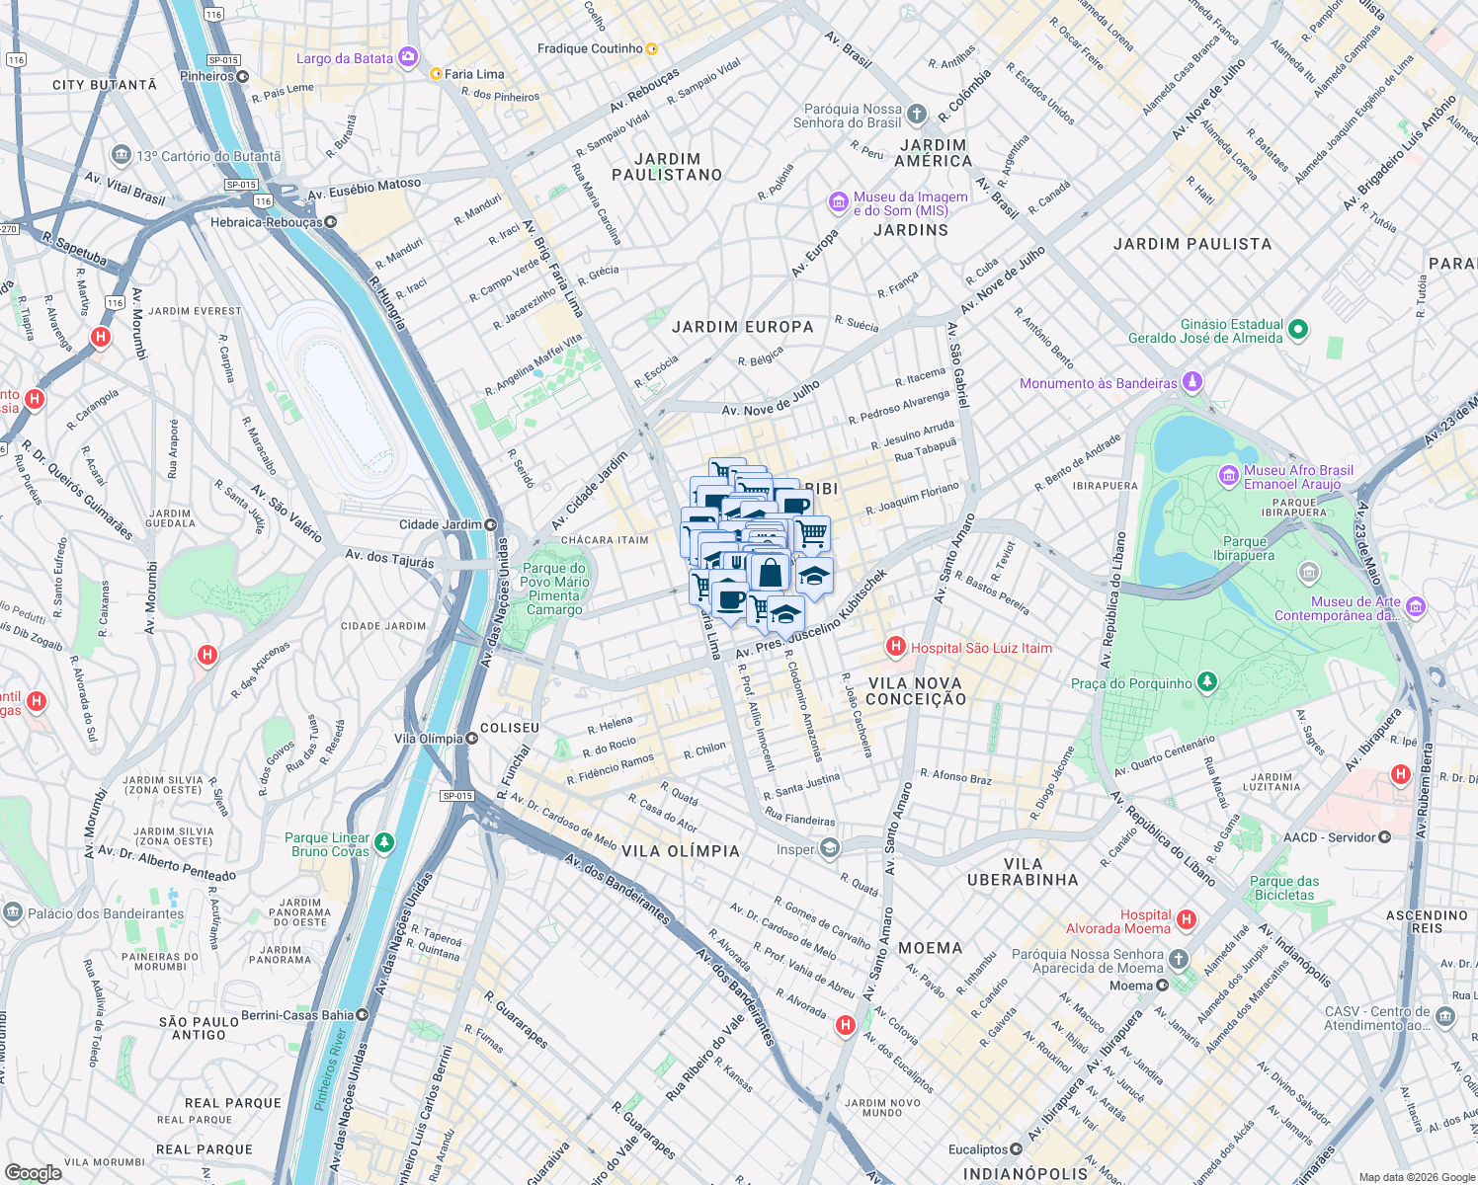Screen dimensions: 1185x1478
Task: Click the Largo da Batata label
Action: (x=345, y=58)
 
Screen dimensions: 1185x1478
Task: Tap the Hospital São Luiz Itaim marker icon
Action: (x=896, y=647)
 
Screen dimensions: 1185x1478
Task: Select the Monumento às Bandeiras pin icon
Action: (x=1192, y=382)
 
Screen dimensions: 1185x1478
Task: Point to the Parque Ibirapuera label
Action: (x=1245, y=548)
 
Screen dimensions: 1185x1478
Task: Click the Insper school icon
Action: (x=830, y=848)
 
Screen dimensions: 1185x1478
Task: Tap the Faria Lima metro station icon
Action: (x=436, y=73)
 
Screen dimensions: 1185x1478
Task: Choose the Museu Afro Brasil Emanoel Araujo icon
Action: (x=1229, y=476)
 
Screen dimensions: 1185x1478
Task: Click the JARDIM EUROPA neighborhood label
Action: (x=743, y=327)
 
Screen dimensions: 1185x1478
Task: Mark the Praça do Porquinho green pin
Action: (x=1206, y=682)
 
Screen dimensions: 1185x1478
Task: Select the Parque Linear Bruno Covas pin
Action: (x=384, y=843)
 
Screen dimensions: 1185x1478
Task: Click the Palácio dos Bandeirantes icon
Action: (x=13, y=912)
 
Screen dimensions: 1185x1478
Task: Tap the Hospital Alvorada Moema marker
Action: (x=1187, y=920)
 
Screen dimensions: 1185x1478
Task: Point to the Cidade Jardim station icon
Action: (x=491, y=524)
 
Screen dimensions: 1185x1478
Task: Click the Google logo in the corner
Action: (x=33, y=1172)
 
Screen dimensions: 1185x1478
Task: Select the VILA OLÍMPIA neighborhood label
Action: (x=681, y=851)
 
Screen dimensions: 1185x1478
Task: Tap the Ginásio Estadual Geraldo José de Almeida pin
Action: (x=1298, y=330)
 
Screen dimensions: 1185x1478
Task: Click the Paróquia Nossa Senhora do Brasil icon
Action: (x=917, y=115)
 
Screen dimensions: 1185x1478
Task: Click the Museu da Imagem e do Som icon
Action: (x=839, y=202)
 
